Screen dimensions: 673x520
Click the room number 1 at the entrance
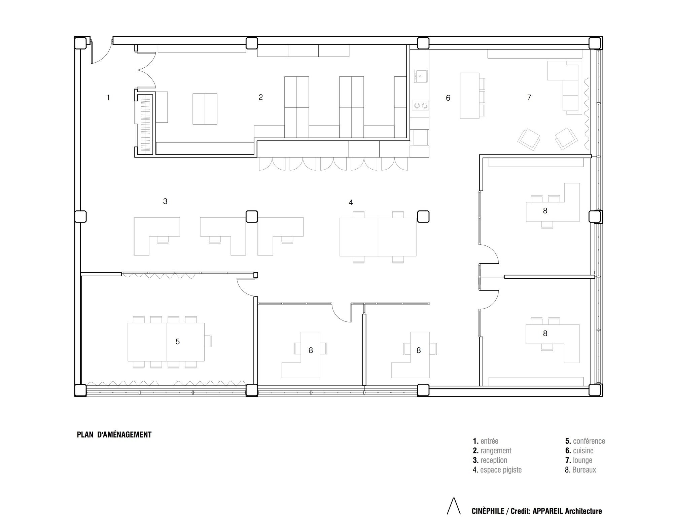pos(108,98)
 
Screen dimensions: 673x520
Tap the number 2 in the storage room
pos(260,97)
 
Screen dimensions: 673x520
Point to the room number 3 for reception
pos(165,201)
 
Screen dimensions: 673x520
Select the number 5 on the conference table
pos(178,342)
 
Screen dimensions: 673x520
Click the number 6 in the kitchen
pos(448,98)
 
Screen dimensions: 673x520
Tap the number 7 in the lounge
pos(529,98)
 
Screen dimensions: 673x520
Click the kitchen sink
pos(420,76)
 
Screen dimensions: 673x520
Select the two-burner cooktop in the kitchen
pos(421,106)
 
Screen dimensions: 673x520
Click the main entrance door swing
pos(101,52)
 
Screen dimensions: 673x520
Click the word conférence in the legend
pos(589,441)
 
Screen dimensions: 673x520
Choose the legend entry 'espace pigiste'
pos(497,470)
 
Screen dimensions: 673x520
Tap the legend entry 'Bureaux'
pos(580,470)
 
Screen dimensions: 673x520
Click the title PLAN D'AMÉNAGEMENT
pos(114,435)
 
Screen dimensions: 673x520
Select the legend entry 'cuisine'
pos(579,451)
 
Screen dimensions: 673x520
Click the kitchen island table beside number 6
pos(469,95)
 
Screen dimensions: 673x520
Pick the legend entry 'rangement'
pos(492,451)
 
